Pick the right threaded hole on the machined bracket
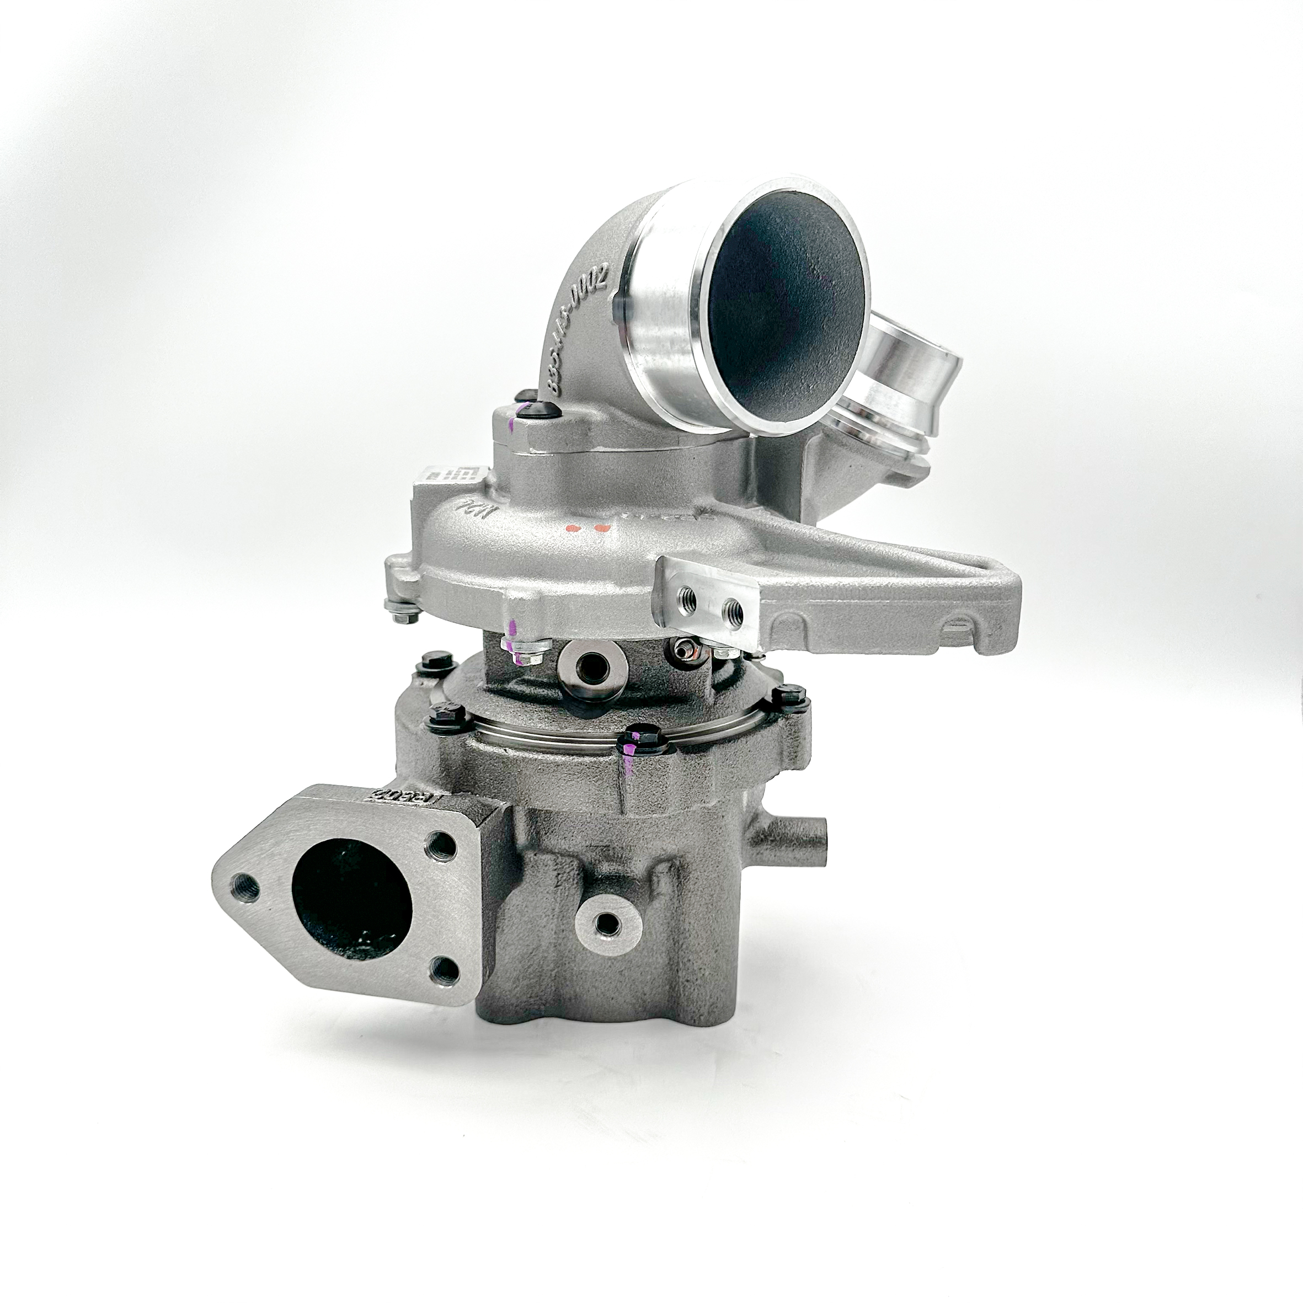coord(734,612)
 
